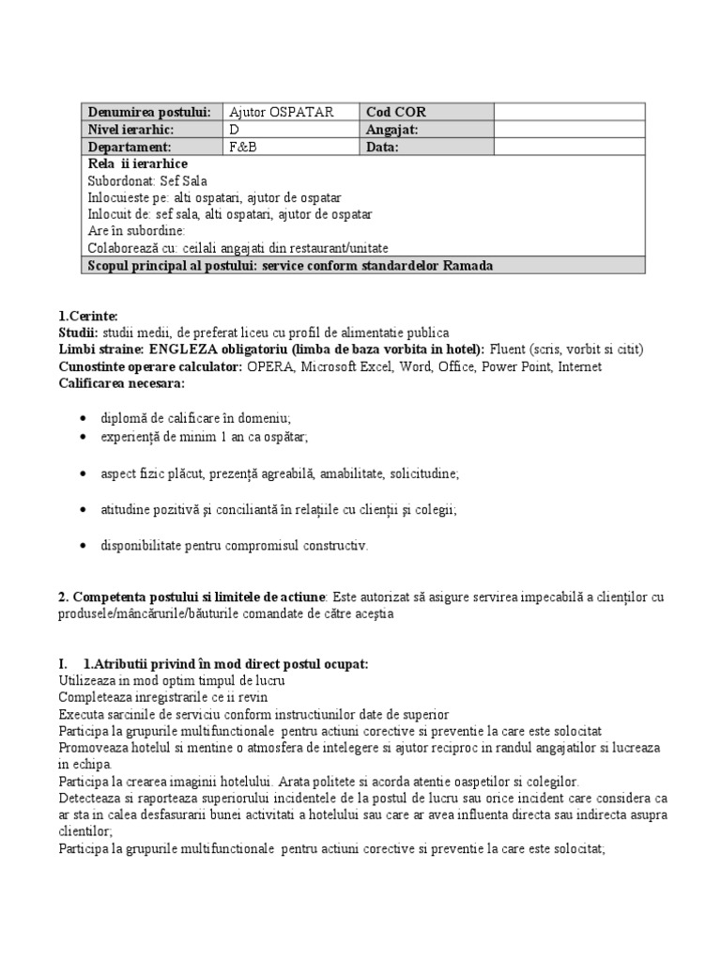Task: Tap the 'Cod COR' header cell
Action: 393,112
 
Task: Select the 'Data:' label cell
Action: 382,147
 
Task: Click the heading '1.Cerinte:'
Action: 84,316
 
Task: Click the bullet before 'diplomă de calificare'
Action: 86,418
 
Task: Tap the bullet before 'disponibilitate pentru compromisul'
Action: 86,545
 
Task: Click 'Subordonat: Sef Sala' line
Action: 147,181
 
